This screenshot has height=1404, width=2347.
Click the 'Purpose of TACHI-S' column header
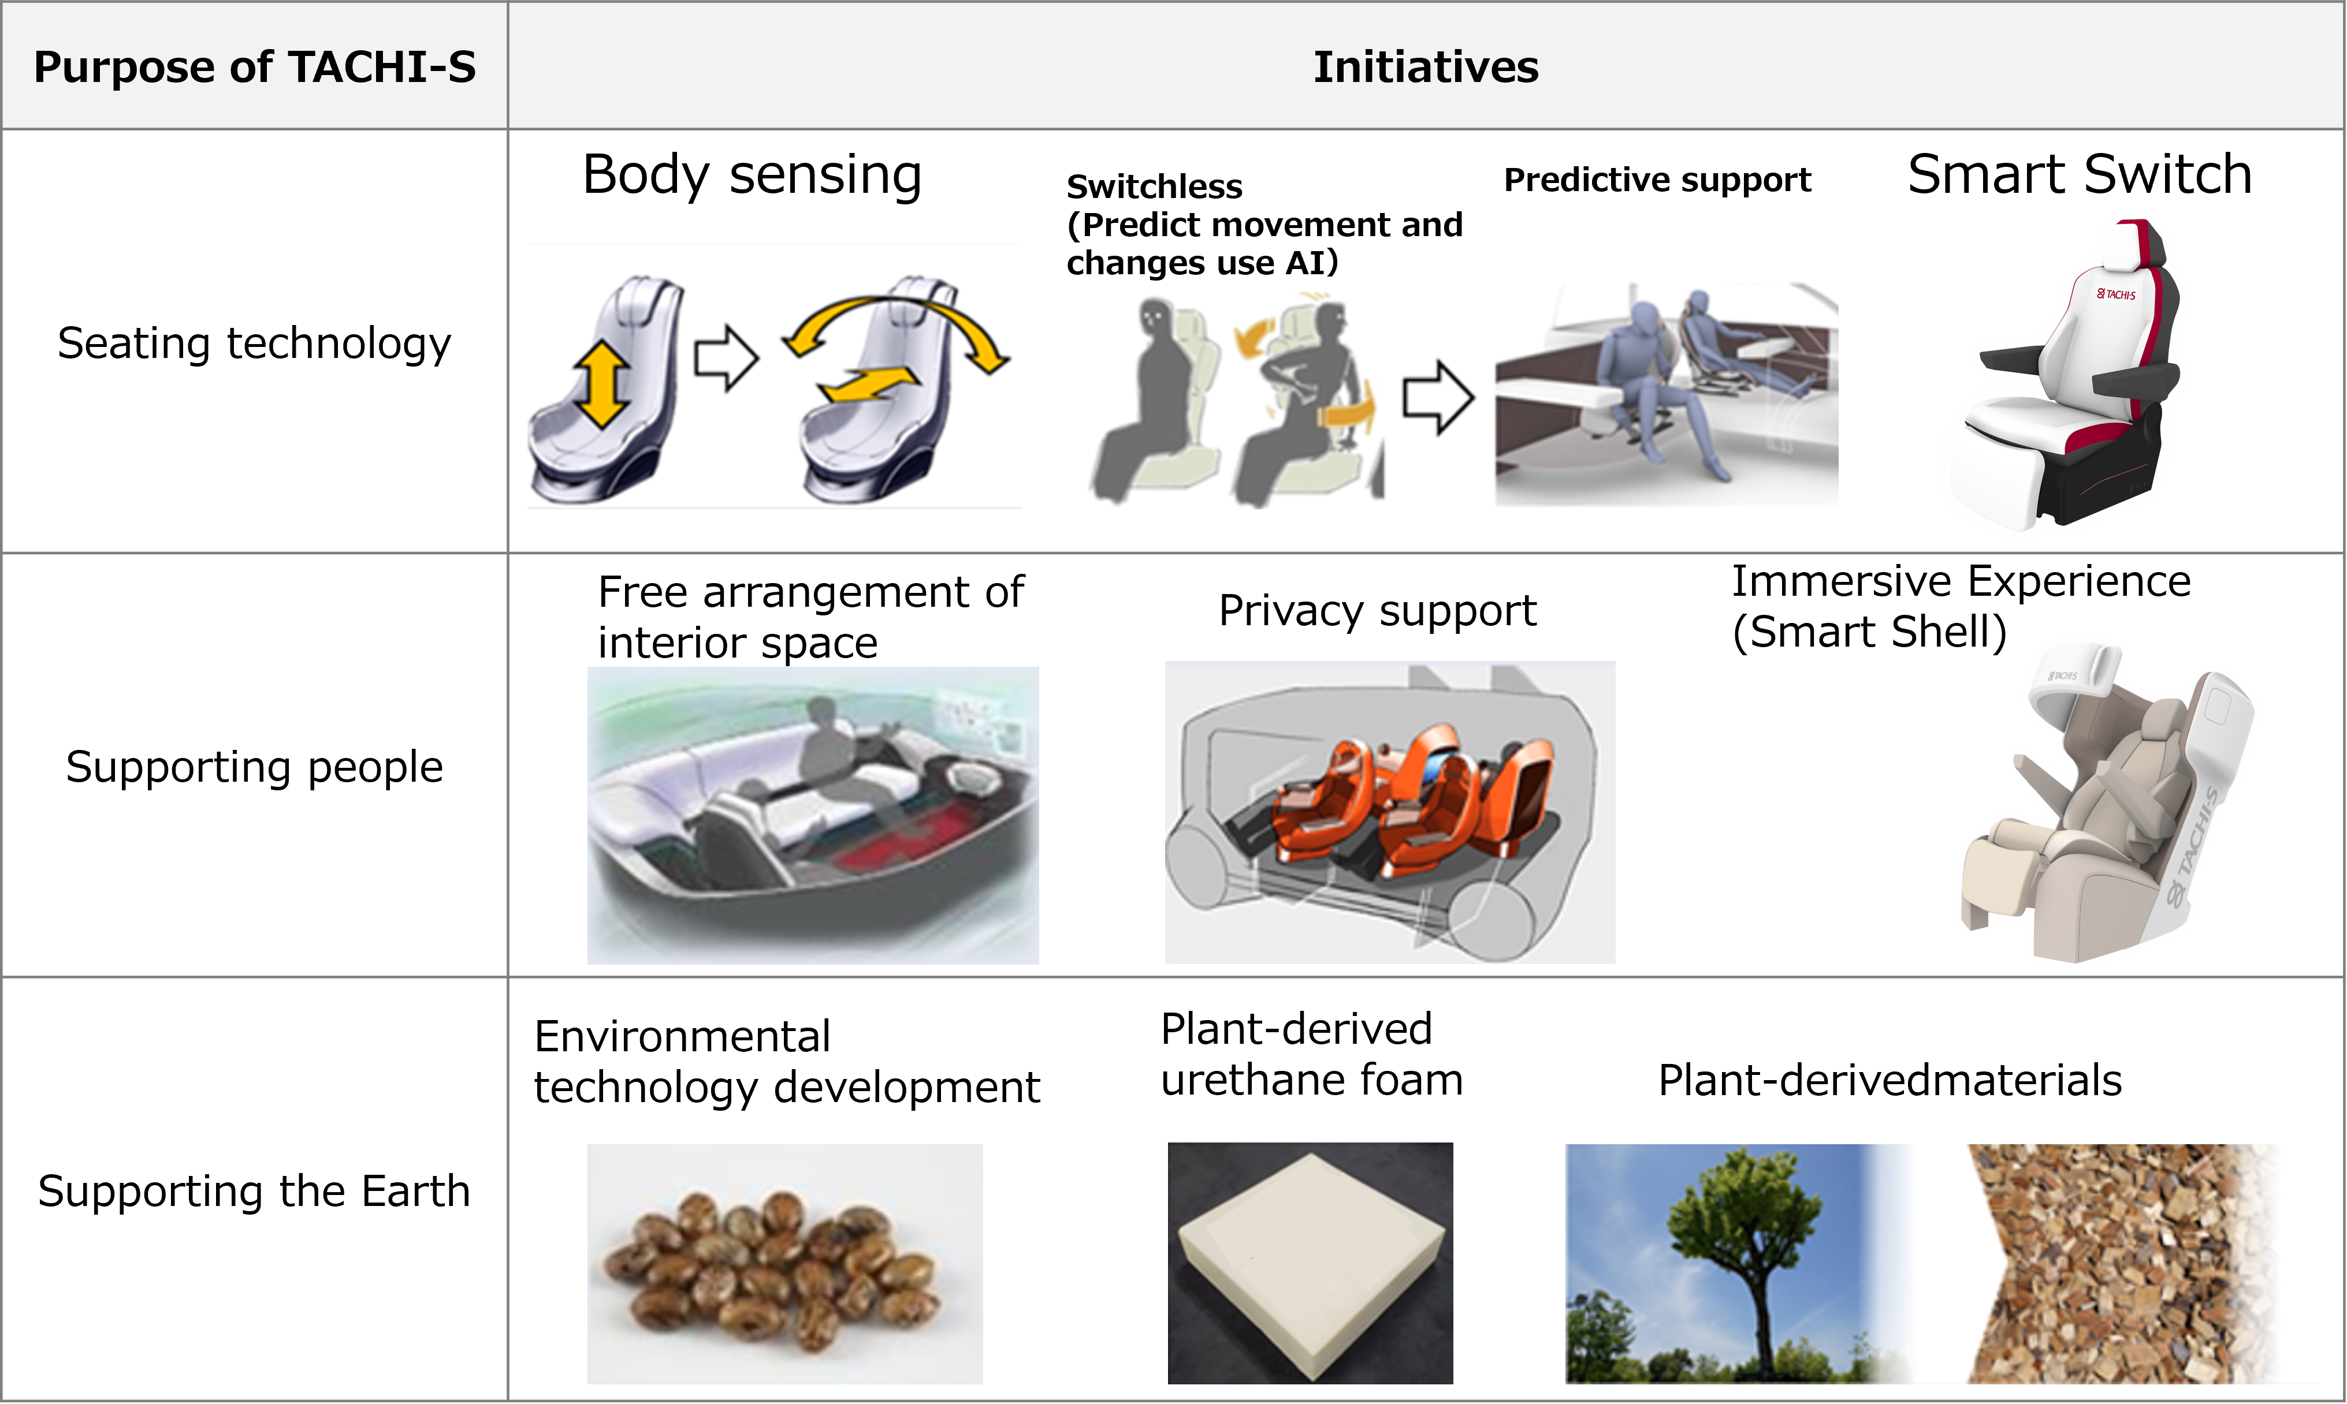coord(255,67)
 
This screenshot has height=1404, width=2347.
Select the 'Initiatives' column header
coord(1426,67)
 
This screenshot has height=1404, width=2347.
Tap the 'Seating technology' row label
coord(255,343)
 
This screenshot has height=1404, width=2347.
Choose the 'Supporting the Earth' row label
coord(255,1191)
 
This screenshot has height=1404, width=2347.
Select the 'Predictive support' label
coord(1657,180)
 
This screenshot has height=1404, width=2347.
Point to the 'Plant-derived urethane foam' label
coord(1312,1054)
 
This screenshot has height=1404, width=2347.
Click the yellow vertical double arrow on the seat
coord(601,385)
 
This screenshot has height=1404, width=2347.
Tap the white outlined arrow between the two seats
coord(727,357)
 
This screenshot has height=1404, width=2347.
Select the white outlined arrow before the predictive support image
coord(1438,397)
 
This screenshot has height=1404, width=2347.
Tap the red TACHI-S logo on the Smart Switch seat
coord(2116,294)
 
